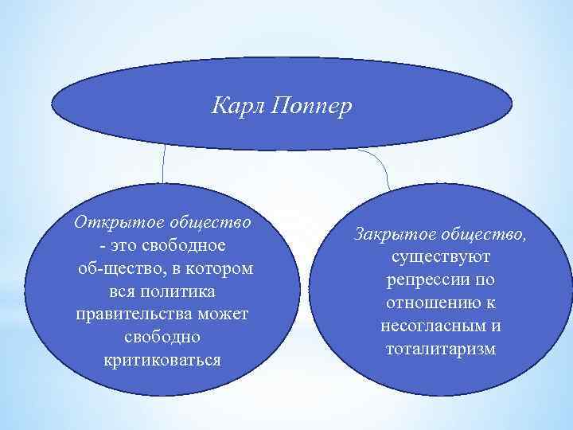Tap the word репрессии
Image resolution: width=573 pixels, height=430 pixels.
(422, 281)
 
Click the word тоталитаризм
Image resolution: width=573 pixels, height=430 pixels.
(440, 350)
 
